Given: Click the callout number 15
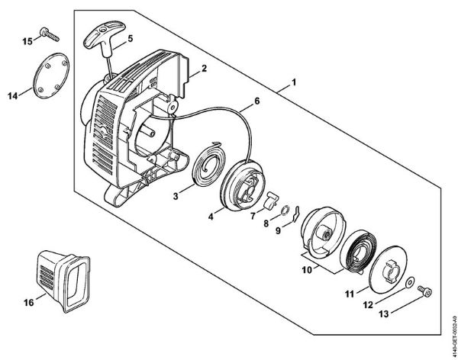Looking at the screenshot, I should pyautogui.click(x=27, y=40).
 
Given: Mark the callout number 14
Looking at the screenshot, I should pyautogui.click(x=13, y=96).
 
